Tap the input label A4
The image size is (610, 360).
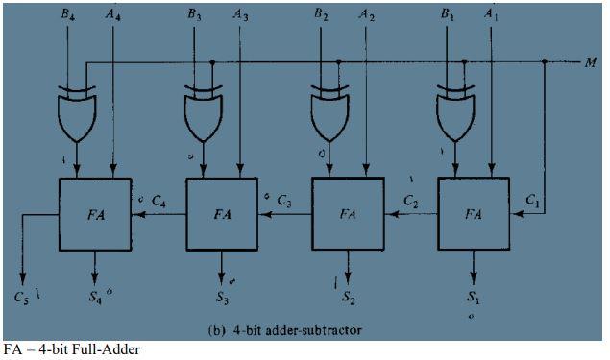[x=114, y=15]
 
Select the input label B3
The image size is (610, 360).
[x=195, y=15]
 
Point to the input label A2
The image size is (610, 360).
[x=365, y=15]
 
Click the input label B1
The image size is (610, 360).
[x=447, y=15]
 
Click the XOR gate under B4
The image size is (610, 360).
[x=77, y=115]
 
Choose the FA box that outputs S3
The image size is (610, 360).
[x=221, y=213]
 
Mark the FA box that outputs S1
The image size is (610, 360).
[x=473, y=213]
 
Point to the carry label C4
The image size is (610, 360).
[x=158, y=202]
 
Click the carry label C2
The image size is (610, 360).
[x=411, y=202]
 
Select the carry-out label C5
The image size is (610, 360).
[x=23, y=296]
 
